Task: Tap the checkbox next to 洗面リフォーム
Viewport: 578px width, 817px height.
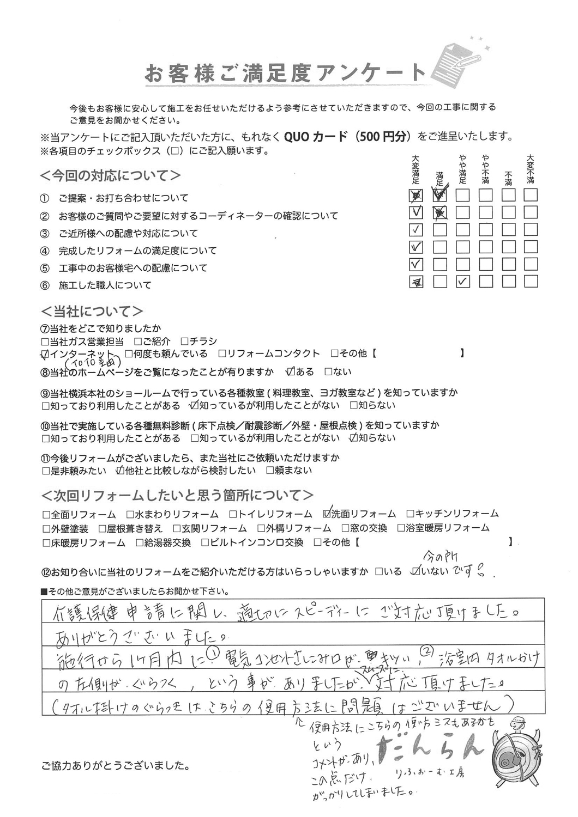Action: click(x=327, y=513)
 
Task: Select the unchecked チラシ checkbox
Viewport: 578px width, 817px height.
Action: click(x=184, y=342)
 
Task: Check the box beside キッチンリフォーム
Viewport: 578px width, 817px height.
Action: click(x=410, y=514)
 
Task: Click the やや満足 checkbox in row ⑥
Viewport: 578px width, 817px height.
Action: click(x=462, y=282)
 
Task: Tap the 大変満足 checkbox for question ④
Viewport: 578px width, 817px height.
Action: click(x=416, y=247)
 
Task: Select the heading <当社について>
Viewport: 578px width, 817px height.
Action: click(x=92, y=312)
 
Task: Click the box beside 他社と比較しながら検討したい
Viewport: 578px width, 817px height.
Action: click(x=120, y=470)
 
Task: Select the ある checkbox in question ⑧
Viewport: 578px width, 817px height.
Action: click(x=290, y=372)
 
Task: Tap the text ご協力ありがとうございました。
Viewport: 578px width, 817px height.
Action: click(x=116, y=766)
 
